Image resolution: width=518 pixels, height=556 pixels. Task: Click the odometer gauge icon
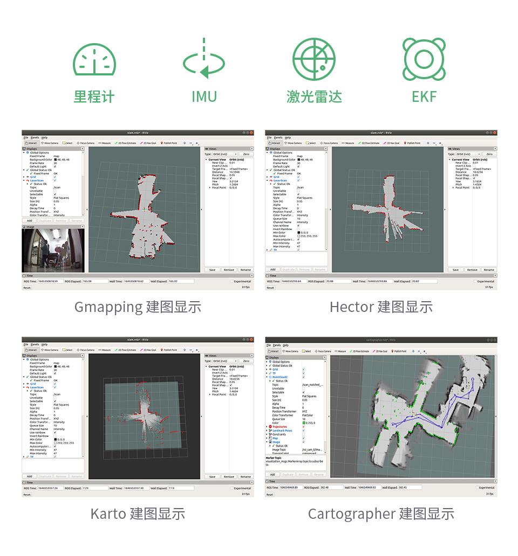pos(94,59)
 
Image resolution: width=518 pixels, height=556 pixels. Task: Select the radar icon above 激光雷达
pos(313,59)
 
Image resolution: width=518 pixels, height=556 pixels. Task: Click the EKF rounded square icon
pos(424,59)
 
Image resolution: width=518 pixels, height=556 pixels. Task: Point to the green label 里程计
pos(94,97)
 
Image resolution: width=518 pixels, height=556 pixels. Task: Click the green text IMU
pos(204,97)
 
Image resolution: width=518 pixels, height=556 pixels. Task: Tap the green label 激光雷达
pos(314,97)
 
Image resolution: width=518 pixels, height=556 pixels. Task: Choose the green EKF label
pos(424,97)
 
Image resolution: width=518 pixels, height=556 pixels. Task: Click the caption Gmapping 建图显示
pos(138,307)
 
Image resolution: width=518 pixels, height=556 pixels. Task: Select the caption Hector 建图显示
pos(381,307)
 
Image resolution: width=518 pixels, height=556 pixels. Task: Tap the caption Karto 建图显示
pos(138,513)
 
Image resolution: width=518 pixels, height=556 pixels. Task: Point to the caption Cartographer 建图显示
pos(381,513)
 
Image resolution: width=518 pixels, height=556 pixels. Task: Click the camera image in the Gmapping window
pos(53,249)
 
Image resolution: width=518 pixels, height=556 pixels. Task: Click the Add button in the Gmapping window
pos(30,220)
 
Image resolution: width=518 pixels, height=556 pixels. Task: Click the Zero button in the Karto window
pos(246,361)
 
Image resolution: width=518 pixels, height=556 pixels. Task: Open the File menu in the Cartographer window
pos(268,345)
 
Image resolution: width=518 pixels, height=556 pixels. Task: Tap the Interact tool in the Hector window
pos(275,143)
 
